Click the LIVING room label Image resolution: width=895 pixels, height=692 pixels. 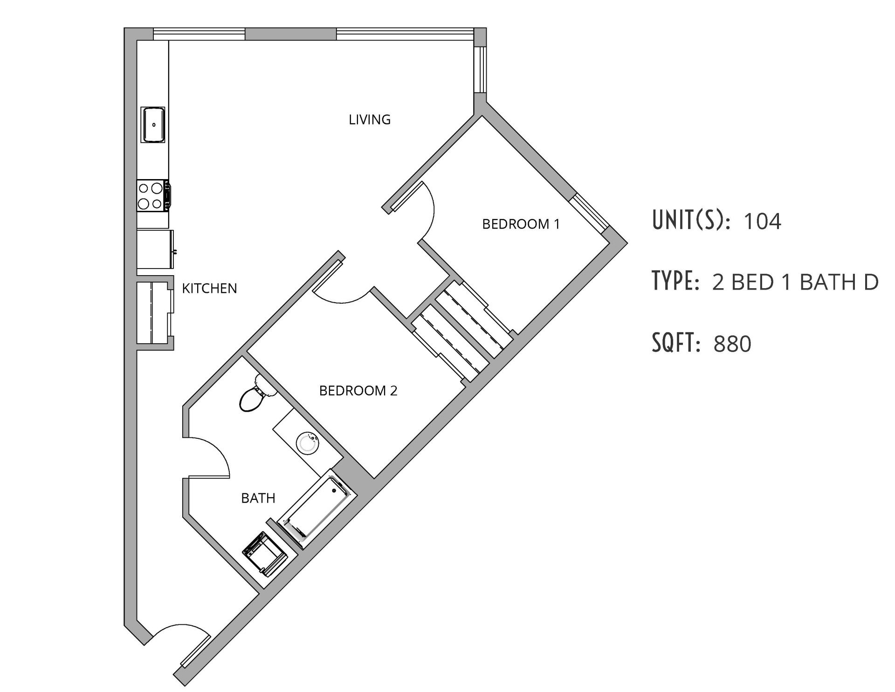[370, 120]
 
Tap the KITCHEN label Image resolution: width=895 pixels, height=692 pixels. [209, 289]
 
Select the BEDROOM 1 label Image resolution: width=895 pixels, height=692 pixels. [521, 224]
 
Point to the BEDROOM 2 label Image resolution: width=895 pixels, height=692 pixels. [358, 390]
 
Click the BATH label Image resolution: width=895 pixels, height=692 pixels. [258, 498]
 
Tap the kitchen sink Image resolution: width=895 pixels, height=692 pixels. [153, 125]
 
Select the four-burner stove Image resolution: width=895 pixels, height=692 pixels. [151, 196]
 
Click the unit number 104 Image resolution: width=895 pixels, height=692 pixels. [762, 221]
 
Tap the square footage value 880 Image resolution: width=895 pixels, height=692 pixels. [732, 344]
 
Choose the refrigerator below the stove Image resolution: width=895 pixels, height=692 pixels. [155, 249]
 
